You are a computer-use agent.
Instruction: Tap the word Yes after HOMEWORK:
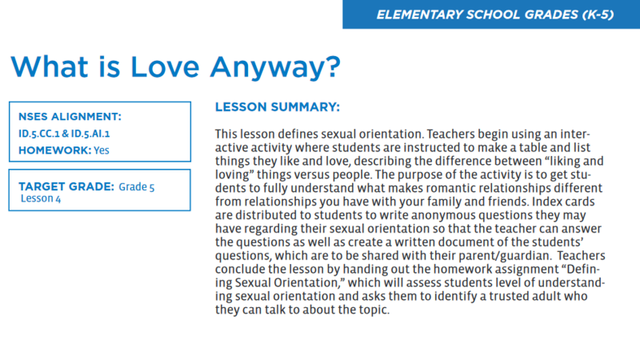point(102,150)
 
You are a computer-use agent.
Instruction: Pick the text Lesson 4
point(41,198)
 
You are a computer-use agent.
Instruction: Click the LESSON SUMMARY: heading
point(278,106)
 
